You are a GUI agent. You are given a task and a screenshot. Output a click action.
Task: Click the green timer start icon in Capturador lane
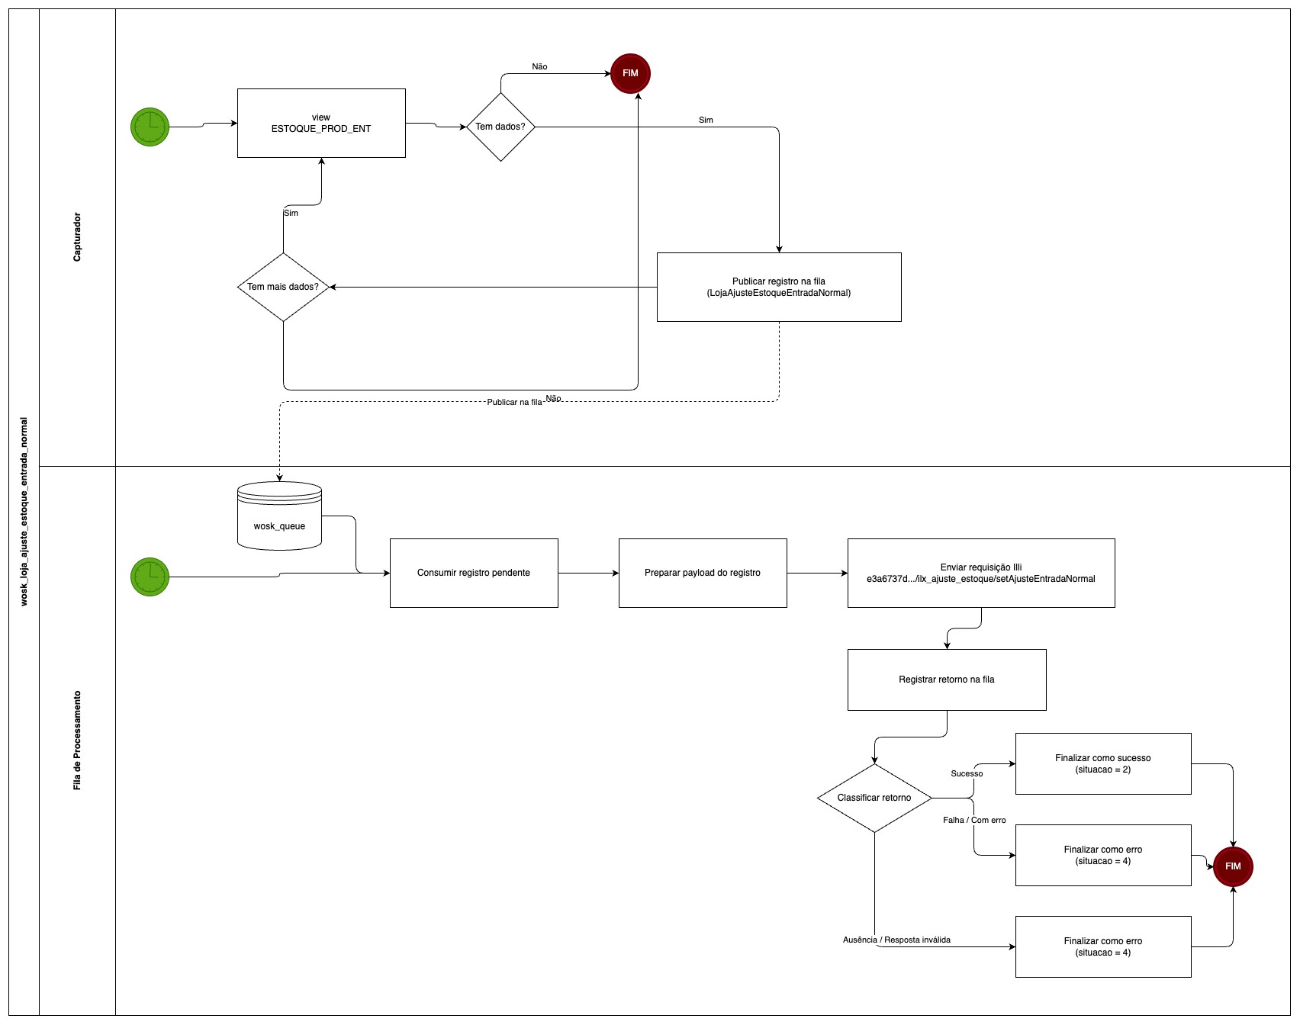[150, 127]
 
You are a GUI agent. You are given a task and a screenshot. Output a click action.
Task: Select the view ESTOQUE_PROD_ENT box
[321, 123]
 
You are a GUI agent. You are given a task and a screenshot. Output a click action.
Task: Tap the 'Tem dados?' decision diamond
[500, 127]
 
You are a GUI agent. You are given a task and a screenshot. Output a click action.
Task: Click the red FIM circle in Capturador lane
[630, 73]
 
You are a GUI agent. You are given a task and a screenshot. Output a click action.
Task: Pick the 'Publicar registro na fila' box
[778, 287]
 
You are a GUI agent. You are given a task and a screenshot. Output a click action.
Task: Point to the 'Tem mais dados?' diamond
[283, 287]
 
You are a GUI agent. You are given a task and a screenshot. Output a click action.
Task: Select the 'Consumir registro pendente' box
[474, 573]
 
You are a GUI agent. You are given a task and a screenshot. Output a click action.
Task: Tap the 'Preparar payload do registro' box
[703, 573]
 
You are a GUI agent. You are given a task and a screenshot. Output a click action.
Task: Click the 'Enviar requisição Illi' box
[980, 573]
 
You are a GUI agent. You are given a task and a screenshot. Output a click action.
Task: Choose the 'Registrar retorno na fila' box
[946, 680]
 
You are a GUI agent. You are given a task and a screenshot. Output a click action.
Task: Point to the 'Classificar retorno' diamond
[874, 798]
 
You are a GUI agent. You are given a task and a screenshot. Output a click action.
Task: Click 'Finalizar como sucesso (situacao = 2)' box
[1102, 763]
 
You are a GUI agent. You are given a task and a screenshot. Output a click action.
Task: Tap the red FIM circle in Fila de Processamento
[1233, 866]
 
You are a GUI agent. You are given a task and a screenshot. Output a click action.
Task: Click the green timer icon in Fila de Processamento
[150, 577]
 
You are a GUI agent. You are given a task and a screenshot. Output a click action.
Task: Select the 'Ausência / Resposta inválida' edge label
[896, 940]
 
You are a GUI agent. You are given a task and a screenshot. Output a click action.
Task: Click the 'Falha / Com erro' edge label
[974, 820]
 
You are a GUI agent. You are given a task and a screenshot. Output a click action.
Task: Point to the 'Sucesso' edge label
[967, 773]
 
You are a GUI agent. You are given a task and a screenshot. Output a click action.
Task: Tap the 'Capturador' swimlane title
[77, 237]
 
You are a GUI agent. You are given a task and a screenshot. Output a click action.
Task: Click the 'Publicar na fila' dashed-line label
[514, 402]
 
